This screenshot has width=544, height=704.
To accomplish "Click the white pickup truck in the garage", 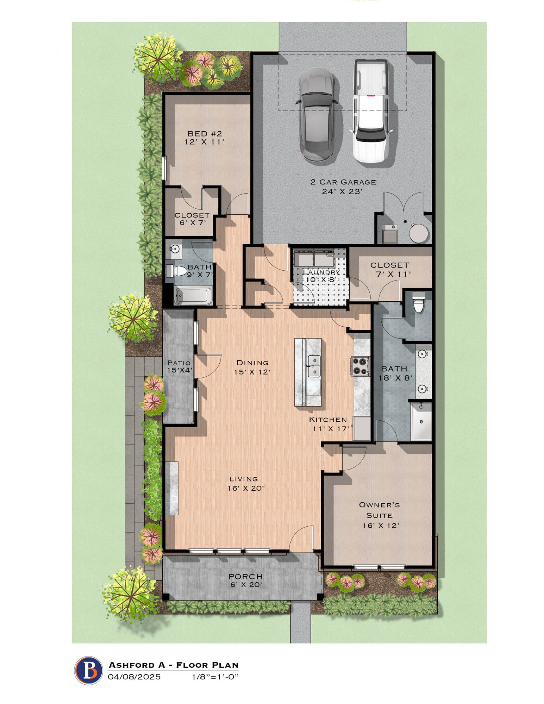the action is tap(371, 111).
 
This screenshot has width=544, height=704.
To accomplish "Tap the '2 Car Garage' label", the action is tap(343, 182).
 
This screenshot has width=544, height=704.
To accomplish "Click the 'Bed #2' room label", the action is tap(205, 134).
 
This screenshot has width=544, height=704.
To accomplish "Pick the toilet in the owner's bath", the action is tap(418, 303).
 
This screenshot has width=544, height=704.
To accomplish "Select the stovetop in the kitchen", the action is tap(359, 366).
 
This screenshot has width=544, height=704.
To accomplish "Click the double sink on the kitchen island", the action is tap(314, 366).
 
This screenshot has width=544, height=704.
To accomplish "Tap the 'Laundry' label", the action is tap(321, 272).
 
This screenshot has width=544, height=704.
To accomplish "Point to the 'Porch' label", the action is tap(246, 577).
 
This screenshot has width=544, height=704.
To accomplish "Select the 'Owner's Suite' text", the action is tap(379, 510).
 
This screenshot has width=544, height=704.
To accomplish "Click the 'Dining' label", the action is tap(252, 363).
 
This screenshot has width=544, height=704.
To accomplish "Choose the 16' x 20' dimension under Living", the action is tap(245, 488).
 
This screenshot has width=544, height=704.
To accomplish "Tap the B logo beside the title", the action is tap(88, 671).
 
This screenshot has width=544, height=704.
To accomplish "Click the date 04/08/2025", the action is tap(134, 677).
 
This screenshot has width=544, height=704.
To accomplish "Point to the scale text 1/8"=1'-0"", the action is tap(215, 677).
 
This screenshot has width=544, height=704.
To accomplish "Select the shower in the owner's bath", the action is tap(421, 421).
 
